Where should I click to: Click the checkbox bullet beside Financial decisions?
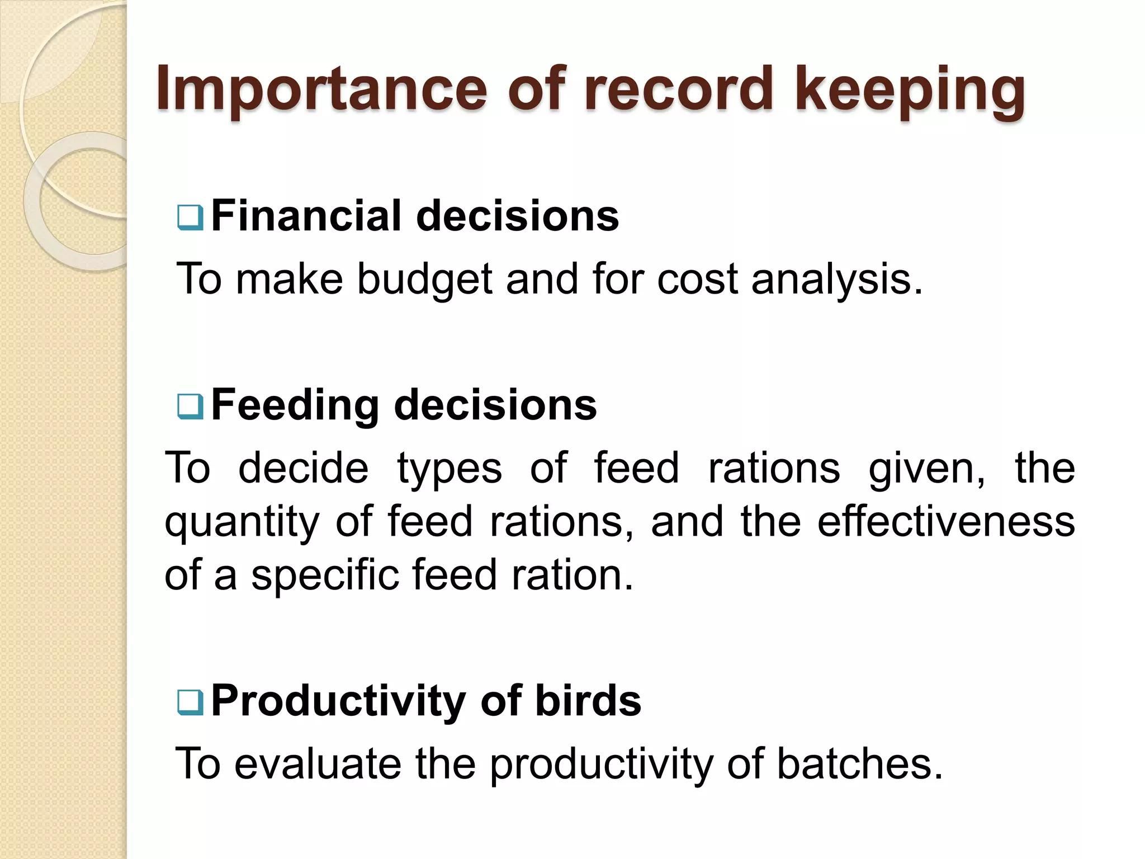190,218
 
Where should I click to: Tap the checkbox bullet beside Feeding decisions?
190,407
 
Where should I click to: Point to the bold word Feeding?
295,405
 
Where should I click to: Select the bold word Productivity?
338,701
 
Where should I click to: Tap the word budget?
425,280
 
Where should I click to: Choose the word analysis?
836,280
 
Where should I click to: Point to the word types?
450,469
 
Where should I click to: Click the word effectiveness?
946,521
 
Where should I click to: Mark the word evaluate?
318,763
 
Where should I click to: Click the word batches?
859,763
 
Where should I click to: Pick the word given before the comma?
926,469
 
